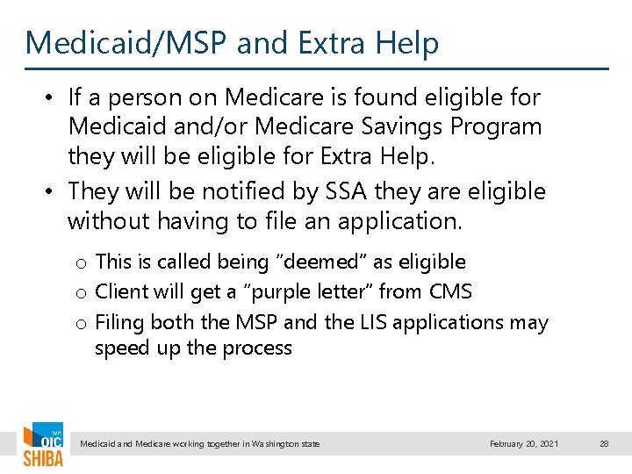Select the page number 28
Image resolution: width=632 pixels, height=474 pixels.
tap(604, 444)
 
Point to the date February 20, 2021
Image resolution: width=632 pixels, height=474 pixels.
tap(524, 444)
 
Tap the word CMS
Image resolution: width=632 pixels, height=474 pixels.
tap(451, 292)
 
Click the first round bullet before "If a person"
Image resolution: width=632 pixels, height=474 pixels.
tap(52, 97)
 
